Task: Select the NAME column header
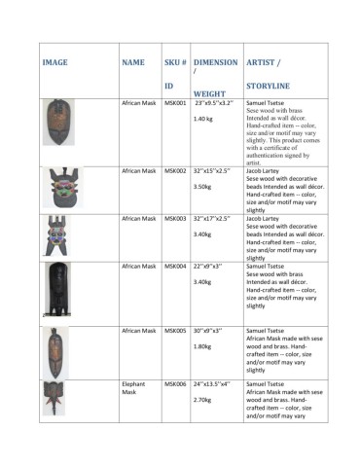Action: (133, 62)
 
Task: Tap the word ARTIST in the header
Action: (259, 62)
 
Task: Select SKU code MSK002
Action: (175, 171)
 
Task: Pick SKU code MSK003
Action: (175, 219)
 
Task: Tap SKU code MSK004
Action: (175, 266)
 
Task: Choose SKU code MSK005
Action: (175, 331)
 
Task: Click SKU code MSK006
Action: (175, 385)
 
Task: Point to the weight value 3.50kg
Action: (203, 187)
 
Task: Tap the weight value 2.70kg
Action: (203, 400)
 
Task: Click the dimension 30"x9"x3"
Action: (213, 331)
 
